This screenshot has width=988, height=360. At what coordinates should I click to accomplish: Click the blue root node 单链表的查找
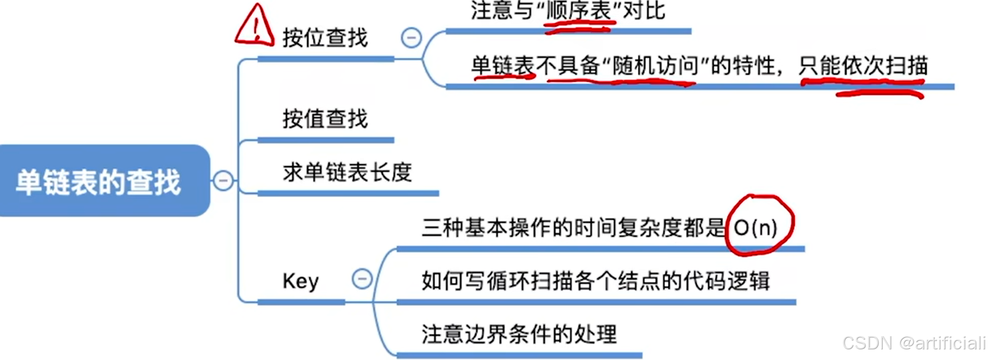click(99, 181)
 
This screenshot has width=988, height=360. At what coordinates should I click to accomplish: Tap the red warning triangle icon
click(255, 25)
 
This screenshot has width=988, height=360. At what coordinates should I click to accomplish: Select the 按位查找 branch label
click(325, 38)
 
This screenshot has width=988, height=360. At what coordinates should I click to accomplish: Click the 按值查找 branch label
click(325, 119)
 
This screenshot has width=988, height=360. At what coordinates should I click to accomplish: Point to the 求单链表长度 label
click(347, 172)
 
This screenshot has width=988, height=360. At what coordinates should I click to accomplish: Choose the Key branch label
click(301, 281)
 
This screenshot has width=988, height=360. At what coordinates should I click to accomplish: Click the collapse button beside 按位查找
click(411, 37)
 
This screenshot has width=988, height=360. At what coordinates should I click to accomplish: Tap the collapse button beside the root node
click(223, 181)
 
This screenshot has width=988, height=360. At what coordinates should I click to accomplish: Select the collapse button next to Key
click(362, 279)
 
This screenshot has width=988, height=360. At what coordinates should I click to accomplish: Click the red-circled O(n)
click(756, 227)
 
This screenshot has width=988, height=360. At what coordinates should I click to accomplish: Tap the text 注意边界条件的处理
click(519, 334)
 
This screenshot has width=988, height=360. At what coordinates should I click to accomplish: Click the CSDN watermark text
click(914, 343)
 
